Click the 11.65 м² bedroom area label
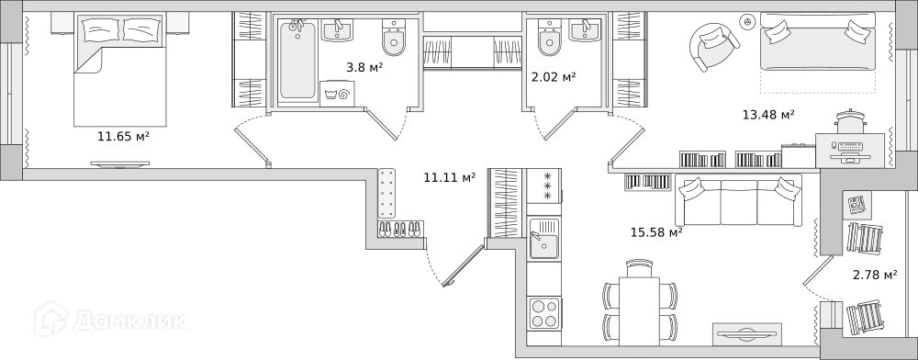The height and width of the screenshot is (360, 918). (x=124, y=137)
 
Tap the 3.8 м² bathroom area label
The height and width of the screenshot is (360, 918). (x=364, y=67)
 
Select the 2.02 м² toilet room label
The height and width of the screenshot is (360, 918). (x=554, y=76)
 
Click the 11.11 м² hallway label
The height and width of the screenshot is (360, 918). (x=450, y=176)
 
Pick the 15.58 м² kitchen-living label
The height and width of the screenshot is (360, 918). (x=656, y=232)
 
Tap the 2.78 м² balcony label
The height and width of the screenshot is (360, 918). (x=876, y=275)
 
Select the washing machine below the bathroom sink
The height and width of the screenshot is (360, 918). (x=336, y=93)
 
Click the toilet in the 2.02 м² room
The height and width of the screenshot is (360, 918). (x=550, y=38)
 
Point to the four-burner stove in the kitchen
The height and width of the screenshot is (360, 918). (x=543, y=313)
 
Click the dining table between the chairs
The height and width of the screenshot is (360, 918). (x=640, y=311)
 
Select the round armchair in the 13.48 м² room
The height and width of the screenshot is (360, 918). (x=713, y=47)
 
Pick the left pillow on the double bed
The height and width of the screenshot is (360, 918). (x=101, y=29)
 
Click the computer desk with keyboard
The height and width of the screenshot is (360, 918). (x=850, y=151)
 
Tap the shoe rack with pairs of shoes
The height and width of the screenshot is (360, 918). (x=400, y=229)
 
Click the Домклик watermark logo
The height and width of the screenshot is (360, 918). (x=111, y=320)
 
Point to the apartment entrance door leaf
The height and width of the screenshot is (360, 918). (x=465, y=265)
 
